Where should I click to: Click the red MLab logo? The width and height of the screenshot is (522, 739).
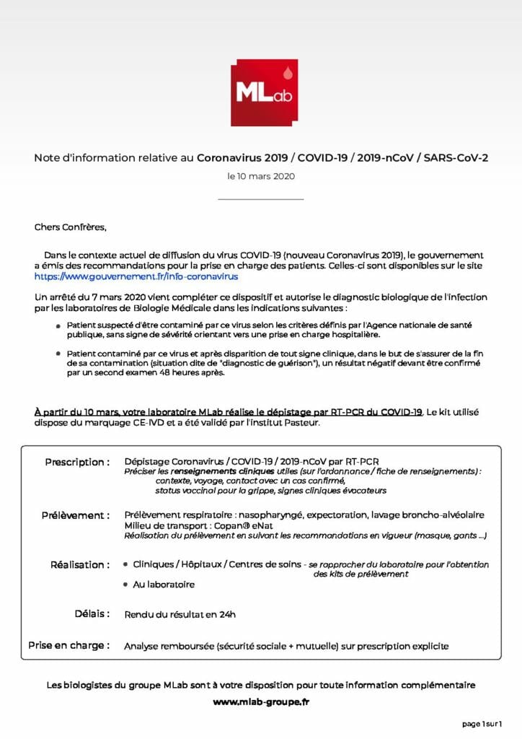pyautogui.click(x=264, y=92)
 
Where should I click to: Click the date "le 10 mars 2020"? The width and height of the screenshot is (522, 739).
pyautogui.click(x=260, y=176)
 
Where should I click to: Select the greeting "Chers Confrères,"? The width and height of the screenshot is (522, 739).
pyautogui.click(x=70, y=227)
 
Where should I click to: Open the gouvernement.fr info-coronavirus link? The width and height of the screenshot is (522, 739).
pyautogui.click(x=136, y=276)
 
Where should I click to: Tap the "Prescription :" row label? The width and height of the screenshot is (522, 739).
pyautogui.click(x=77, y=462)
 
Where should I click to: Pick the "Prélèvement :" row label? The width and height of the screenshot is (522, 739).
pyautogui.click(x=76, y=515)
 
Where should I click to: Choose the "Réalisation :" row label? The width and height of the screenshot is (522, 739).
pyautogui.click(x=80, y=564)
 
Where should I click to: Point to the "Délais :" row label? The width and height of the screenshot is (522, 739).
pyautogui.click(x=92, y=613)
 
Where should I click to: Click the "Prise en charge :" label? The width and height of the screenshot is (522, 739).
pyautogui.click(x=68, y=645)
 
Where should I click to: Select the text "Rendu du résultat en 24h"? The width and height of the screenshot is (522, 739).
pyautogui.click(x=180, y=615)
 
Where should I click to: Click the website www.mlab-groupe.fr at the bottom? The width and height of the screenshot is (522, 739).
pyautogui.click(x=260, y=701)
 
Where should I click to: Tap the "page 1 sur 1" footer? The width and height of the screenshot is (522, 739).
pyautogui.click(x=482, y=723)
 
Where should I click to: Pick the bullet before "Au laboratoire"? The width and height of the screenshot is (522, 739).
pyautogui.click(x=127, y=584)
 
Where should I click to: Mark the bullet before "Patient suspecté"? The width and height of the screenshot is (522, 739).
pyautogui.click(x=59, y=326)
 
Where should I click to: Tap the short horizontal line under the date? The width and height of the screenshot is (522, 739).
pyautogui.click(x=260, y=199)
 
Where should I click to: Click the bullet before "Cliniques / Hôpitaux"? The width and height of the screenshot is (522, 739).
pyautogui.click(x=127, y=564)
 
